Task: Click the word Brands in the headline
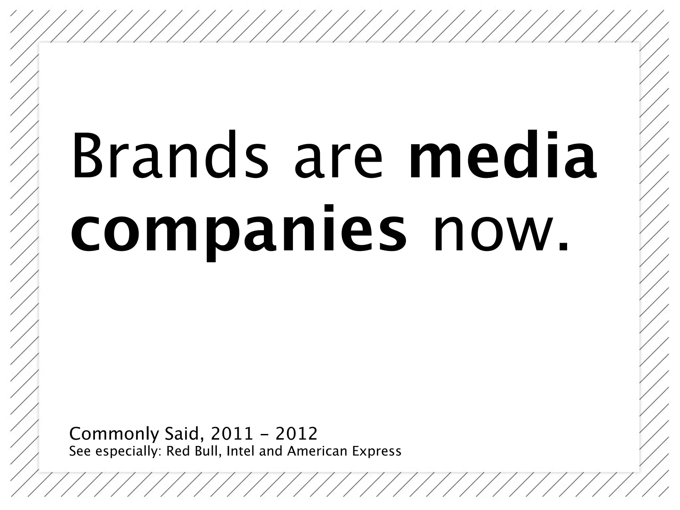pos(170,155)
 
